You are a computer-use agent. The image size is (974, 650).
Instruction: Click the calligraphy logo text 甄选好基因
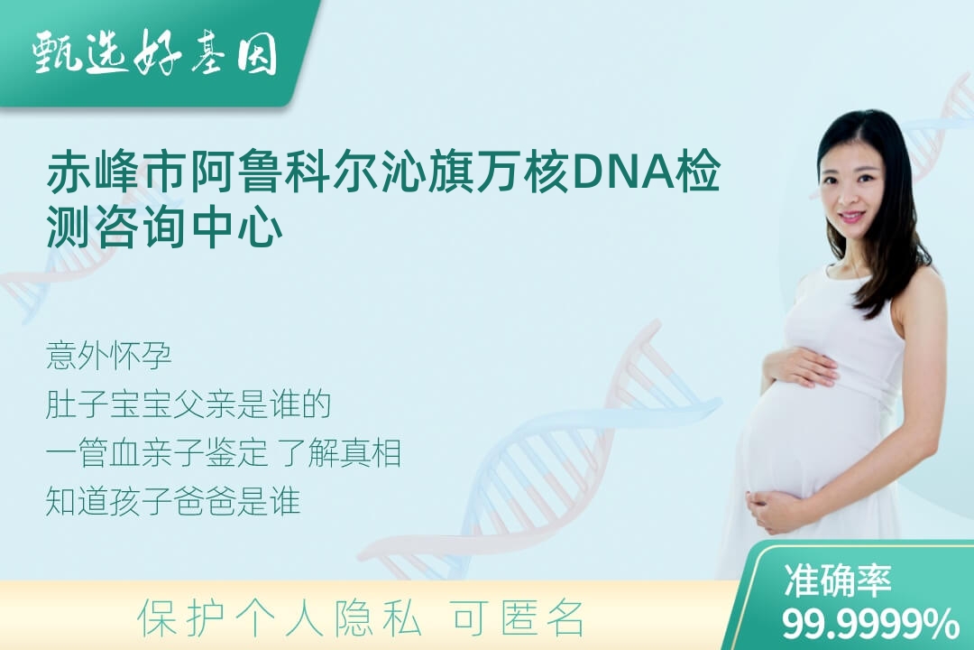coord(155,52)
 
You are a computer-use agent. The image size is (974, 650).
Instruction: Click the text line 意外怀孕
coord(108,357)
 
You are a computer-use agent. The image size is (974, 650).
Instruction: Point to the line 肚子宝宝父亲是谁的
coord(188,405)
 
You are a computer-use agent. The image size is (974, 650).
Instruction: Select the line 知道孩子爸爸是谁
coord(173,501)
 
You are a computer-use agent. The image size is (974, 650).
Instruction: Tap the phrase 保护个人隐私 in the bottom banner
coord(280,618)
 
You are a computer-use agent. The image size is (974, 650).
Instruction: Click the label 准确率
coord(837,580)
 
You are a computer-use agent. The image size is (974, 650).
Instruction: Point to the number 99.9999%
coord(870,623)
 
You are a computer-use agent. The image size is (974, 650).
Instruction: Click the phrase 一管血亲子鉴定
coord(157,453)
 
